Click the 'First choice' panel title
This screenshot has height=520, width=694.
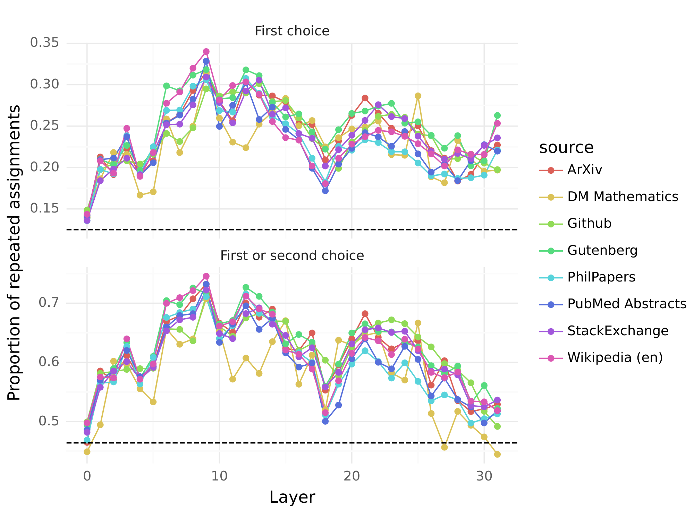click(x=292, y=31)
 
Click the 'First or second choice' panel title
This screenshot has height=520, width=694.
click(x=292, y=256)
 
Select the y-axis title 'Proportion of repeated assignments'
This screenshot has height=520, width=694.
click(x=14, y=253)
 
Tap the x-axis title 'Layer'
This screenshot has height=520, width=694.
click(x=292, y=497)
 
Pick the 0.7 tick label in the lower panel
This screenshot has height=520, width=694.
click(x=48, y=303)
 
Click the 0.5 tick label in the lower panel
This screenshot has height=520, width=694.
click(x=48, y=422)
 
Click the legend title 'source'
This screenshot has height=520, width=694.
click(x=566, y=147)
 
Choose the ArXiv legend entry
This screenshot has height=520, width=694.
click(x=585, y=170)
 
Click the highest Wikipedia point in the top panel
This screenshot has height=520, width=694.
click(x=206, y=52)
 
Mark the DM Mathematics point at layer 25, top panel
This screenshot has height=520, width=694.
click(x=418, y=96)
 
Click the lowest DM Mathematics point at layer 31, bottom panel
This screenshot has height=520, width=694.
click(x=497, y=454)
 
